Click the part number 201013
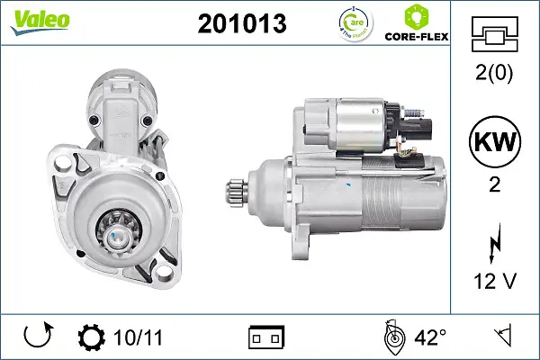(x=241, y=24)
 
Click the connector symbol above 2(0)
(x=496, y=37)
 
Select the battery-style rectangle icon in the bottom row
(x=266, y=337)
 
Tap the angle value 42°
(x=430, y=337)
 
